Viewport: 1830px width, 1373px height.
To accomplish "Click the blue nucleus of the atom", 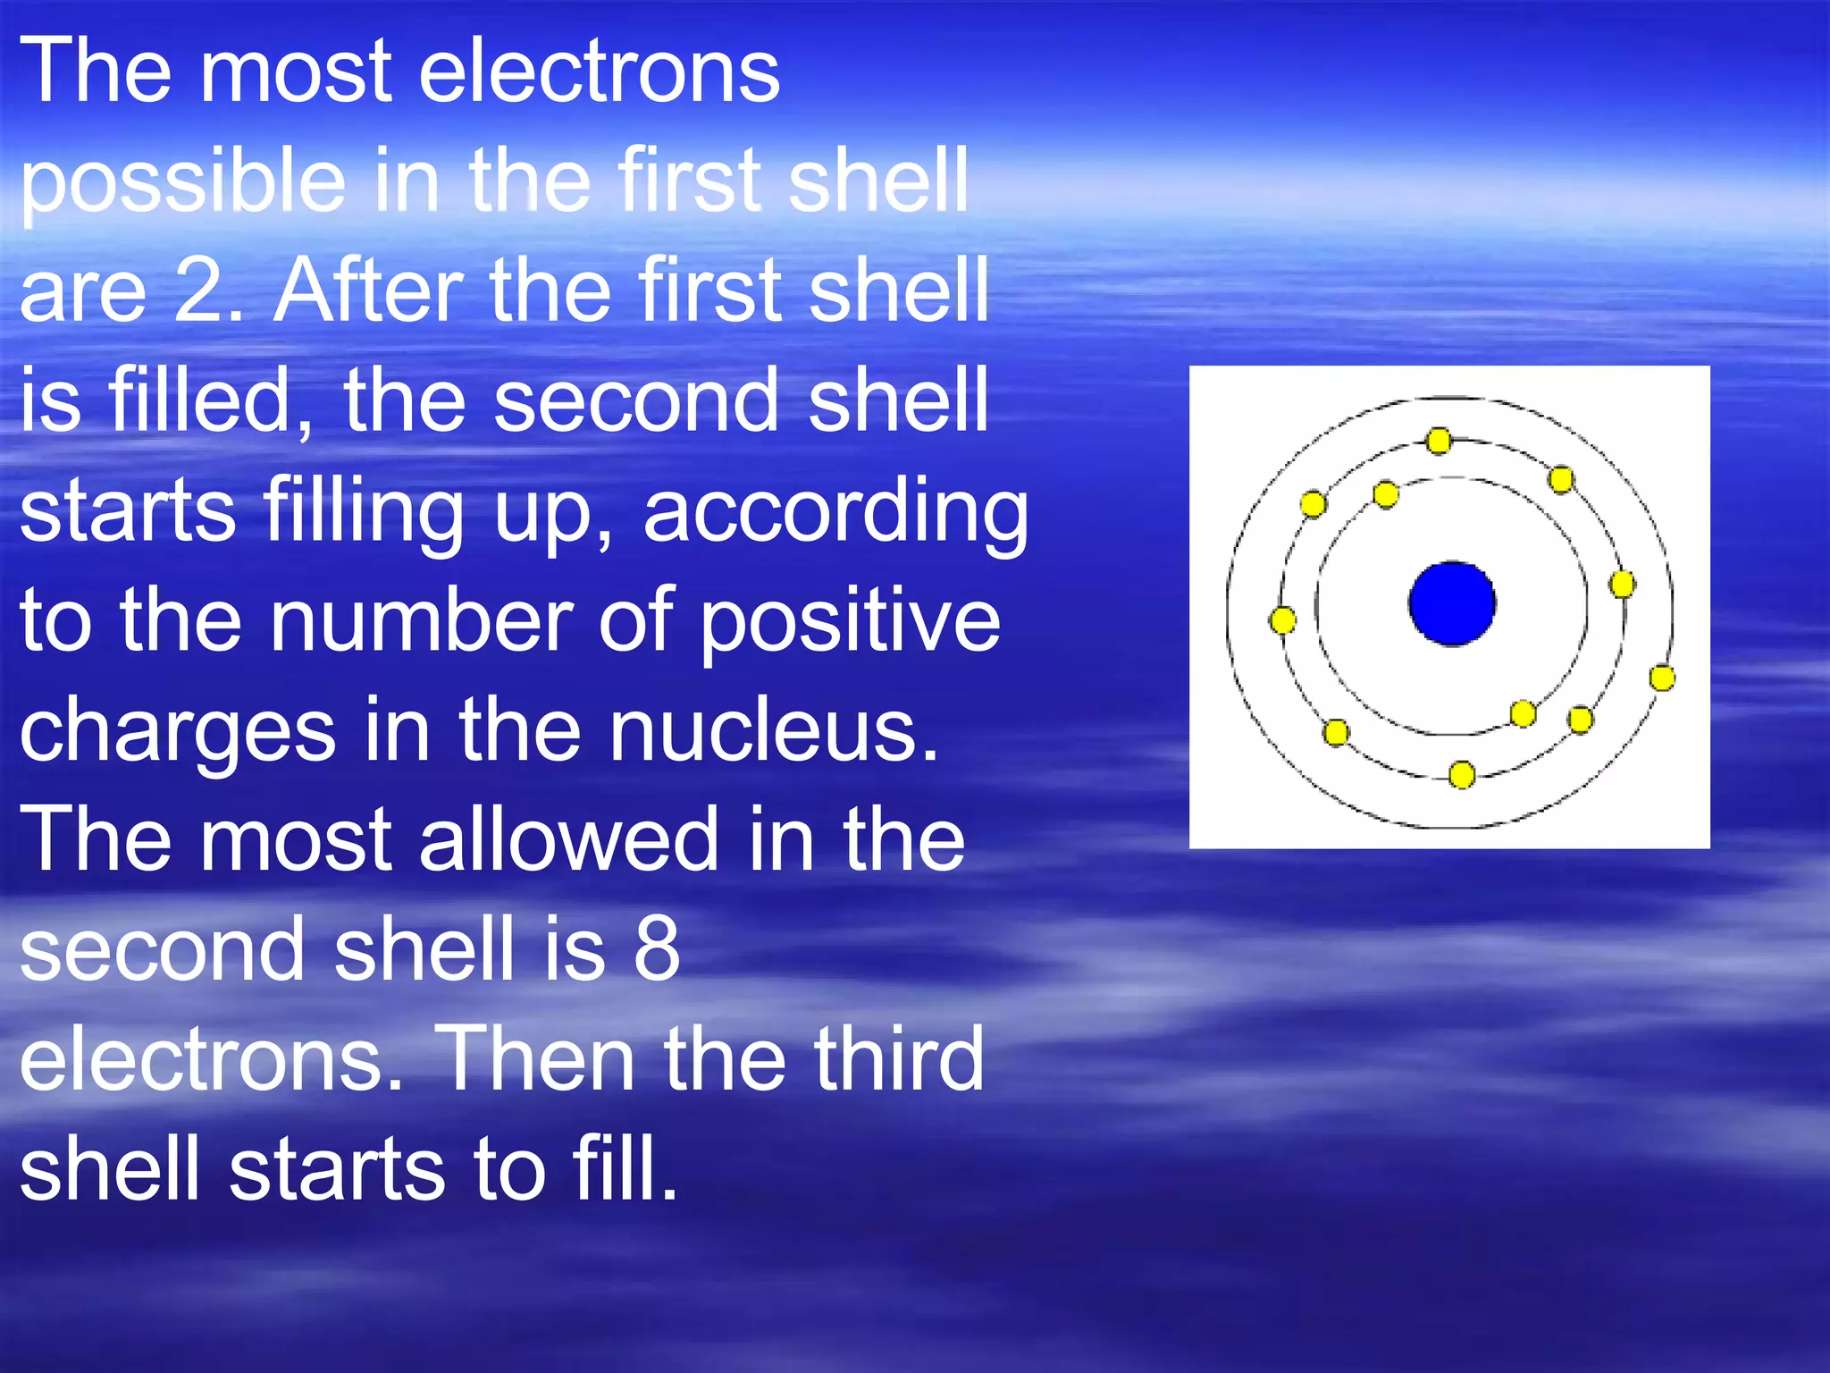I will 1452,603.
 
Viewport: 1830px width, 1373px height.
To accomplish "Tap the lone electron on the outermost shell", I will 1662,678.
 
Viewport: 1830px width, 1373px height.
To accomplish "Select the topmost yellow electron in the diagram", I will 1439,441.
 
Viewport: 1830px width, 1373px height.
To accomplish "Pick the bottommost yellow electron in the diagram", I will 1462,774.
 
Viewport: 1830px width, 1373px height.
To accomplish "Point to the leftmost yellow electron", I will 1282,619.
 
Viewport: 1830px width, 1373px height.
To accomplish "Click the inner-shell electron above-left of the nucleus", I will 1386,494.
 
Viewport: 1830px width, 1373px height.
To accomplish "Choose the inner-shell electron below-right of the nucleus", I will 1523,713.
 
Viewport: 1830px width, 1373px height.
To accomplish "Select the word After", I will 367,291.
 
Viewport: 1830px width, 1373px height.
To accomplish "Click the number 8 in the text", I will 657,949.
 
